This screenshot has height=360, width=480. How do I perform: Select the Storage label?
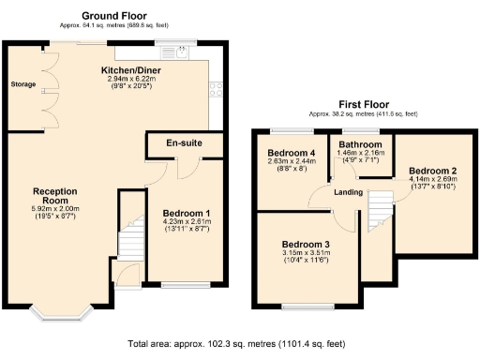(22, 85)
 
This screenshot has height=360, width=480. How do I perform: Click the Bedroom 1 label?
(187, 213)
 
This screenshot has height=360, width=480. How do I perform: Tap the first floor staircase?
(379, 207)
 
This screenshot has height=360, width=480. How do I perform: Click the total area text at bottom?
(240, 344)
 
